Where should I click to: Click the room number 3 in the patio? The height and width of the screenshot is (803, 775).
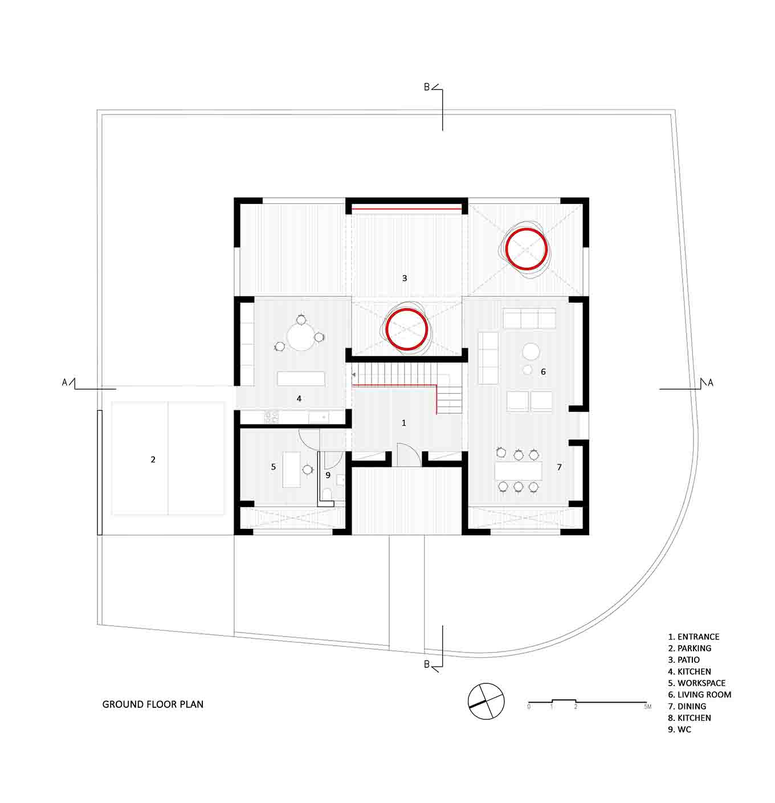[399, 274]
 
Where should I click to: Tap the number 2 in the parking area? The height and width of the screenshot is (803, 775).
[151, 453]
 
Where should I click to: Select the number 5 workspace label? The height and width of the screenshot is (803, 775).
[270, 460]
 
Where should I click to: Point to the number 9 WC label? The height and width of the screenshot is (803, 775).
[324, 469]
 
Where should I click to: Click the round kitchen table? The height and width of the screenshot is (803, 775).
[297, 332]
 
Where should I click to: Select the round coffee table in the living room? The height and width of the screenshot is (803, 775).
[524, 347]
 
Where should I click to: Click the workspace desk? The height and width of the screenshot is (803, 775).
[287, 463]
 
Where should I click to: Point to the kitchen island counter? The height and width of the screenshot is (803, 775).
[297, 373]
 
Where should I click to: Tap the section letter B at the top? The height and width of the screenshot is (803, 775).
[421, 86]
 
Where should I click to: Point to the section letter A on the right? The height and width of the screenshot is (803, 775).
[701, 378]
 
